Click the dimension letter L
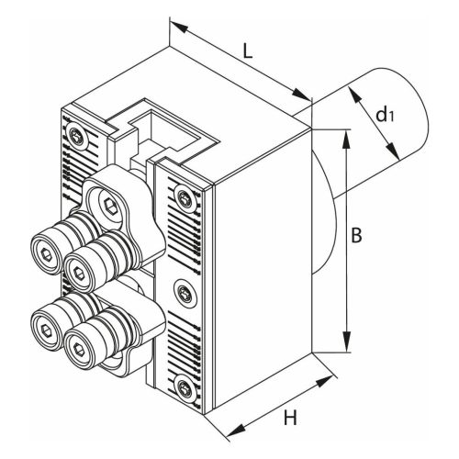pyautogui.click(x=248, y=50)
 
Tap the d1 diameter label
pyautogui.click(x=385, y=115)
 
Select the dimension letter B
pyautogui.click(x=356, y=235)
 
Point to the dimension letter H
pyautogui.click(x=290, y=418)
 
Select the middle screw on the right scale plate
pyautogui.click(x=185, y=293)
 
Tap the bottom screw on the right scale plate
pyautogui.click(x=185, y=386)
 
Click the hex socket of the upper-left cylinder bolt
pyautogui.click(x=46, y=254)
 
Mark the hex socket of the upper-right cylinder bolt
pyautogui.click(x=79, y=273)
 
